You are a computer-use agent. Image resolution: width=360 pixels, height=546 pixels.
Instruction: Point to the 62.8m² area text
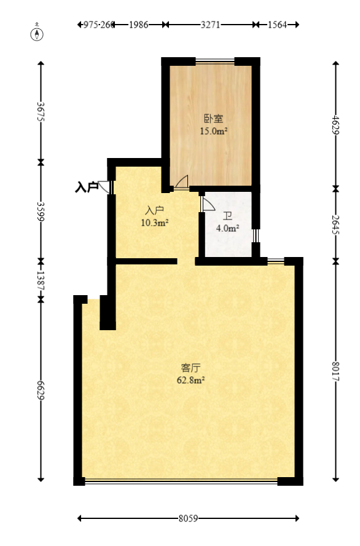coord(190,380)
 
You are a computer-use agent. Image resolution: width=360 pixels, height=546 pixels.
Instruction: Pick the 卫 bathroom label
coord(227,216)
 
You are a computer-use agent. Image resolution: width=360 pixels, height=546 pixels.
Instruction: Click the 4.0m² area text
coord(227,228)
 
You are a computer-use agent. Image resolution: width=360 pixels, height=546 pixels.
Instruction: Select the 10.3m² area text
coord(155,223)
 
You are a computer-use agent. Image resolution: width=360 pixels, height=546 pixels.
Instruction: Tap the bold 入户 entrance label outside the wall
coord(86,187)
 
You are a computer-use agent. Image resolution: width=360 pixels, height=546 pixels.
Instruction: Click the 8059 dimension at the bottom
coord(188,518)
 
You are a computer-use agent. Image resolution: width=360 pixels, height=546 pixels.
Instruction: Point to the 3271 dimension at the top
coord(210,25)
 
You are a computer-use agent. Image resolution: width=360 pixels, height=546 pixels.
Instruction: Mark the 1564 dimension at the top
coord(277,25)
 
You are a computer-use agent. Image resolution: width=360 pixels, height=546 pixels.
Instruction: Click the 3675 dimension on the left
coord(41,112)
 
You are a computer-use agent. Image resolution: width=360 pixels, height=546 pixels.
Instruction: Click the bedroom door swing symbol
coord(181,182)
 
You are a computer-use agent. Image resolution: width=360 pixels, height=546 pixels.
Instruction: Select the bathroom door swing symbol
coord(206,203)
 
